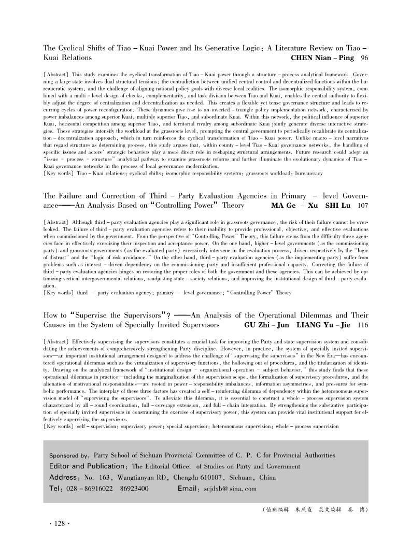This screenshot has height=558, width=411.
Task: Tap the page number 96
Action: pos(364,58)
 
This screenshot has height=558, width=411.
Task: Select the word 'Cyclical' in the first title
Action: pos(76,48)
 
